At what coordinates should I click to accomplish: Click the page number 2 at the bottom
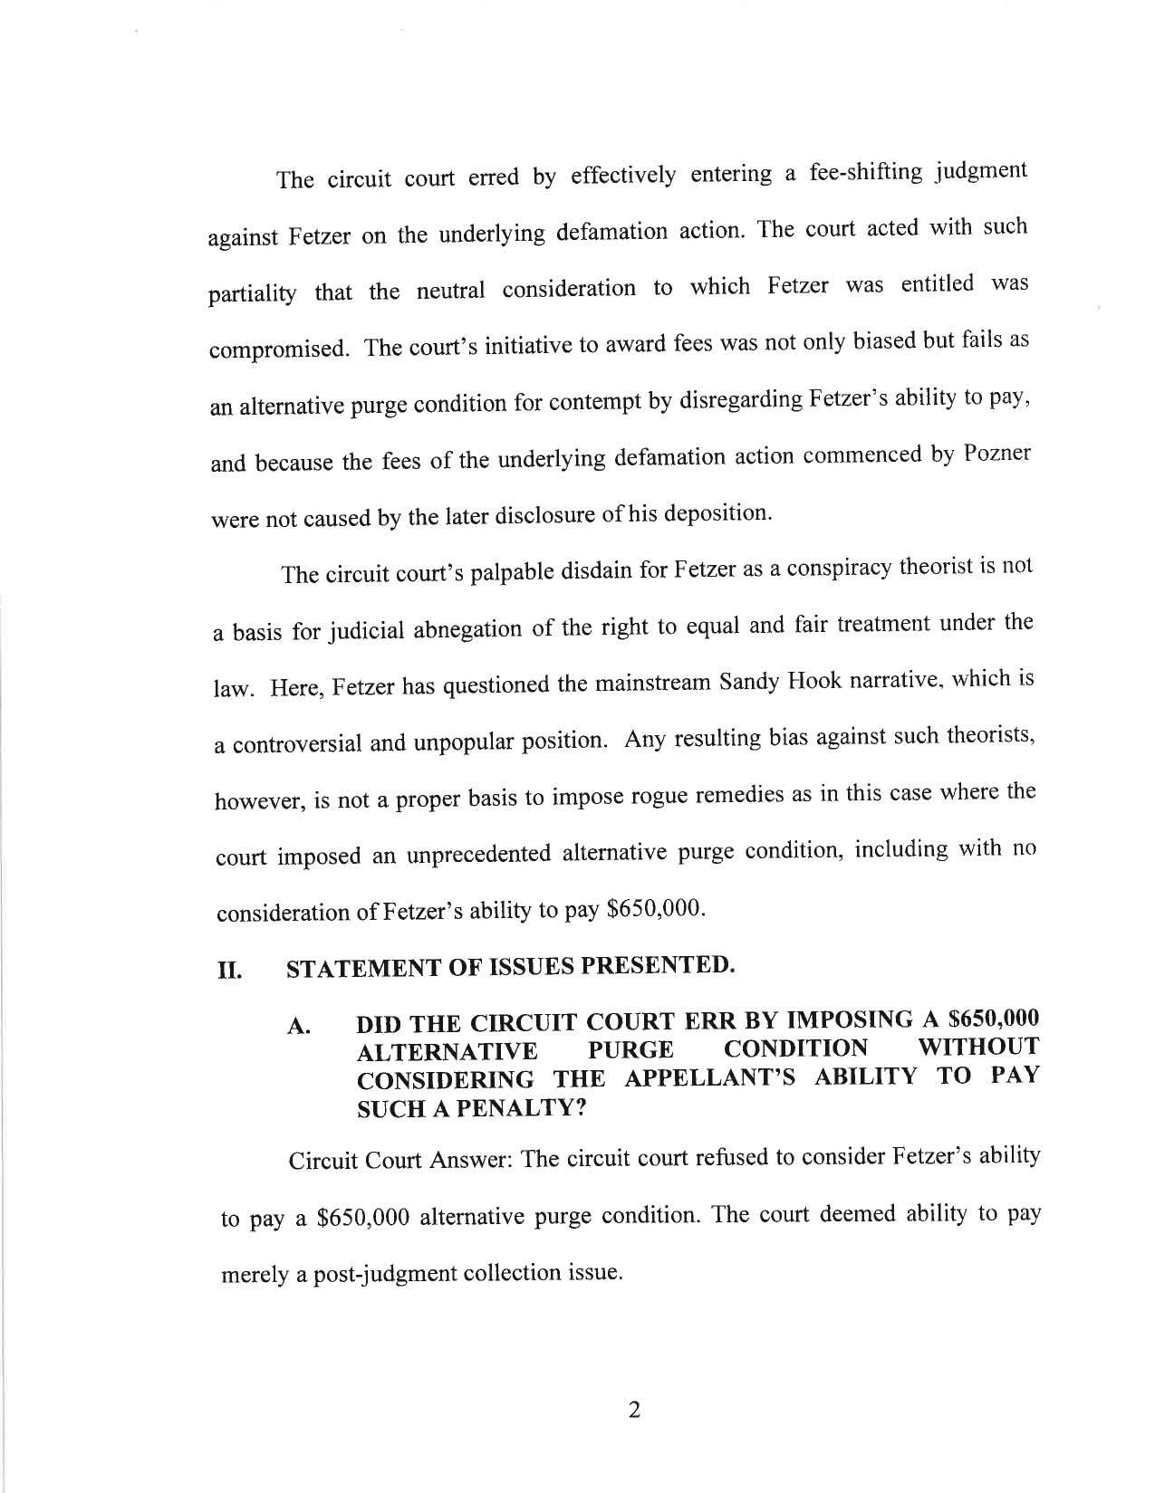[x=634, y=1411]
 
